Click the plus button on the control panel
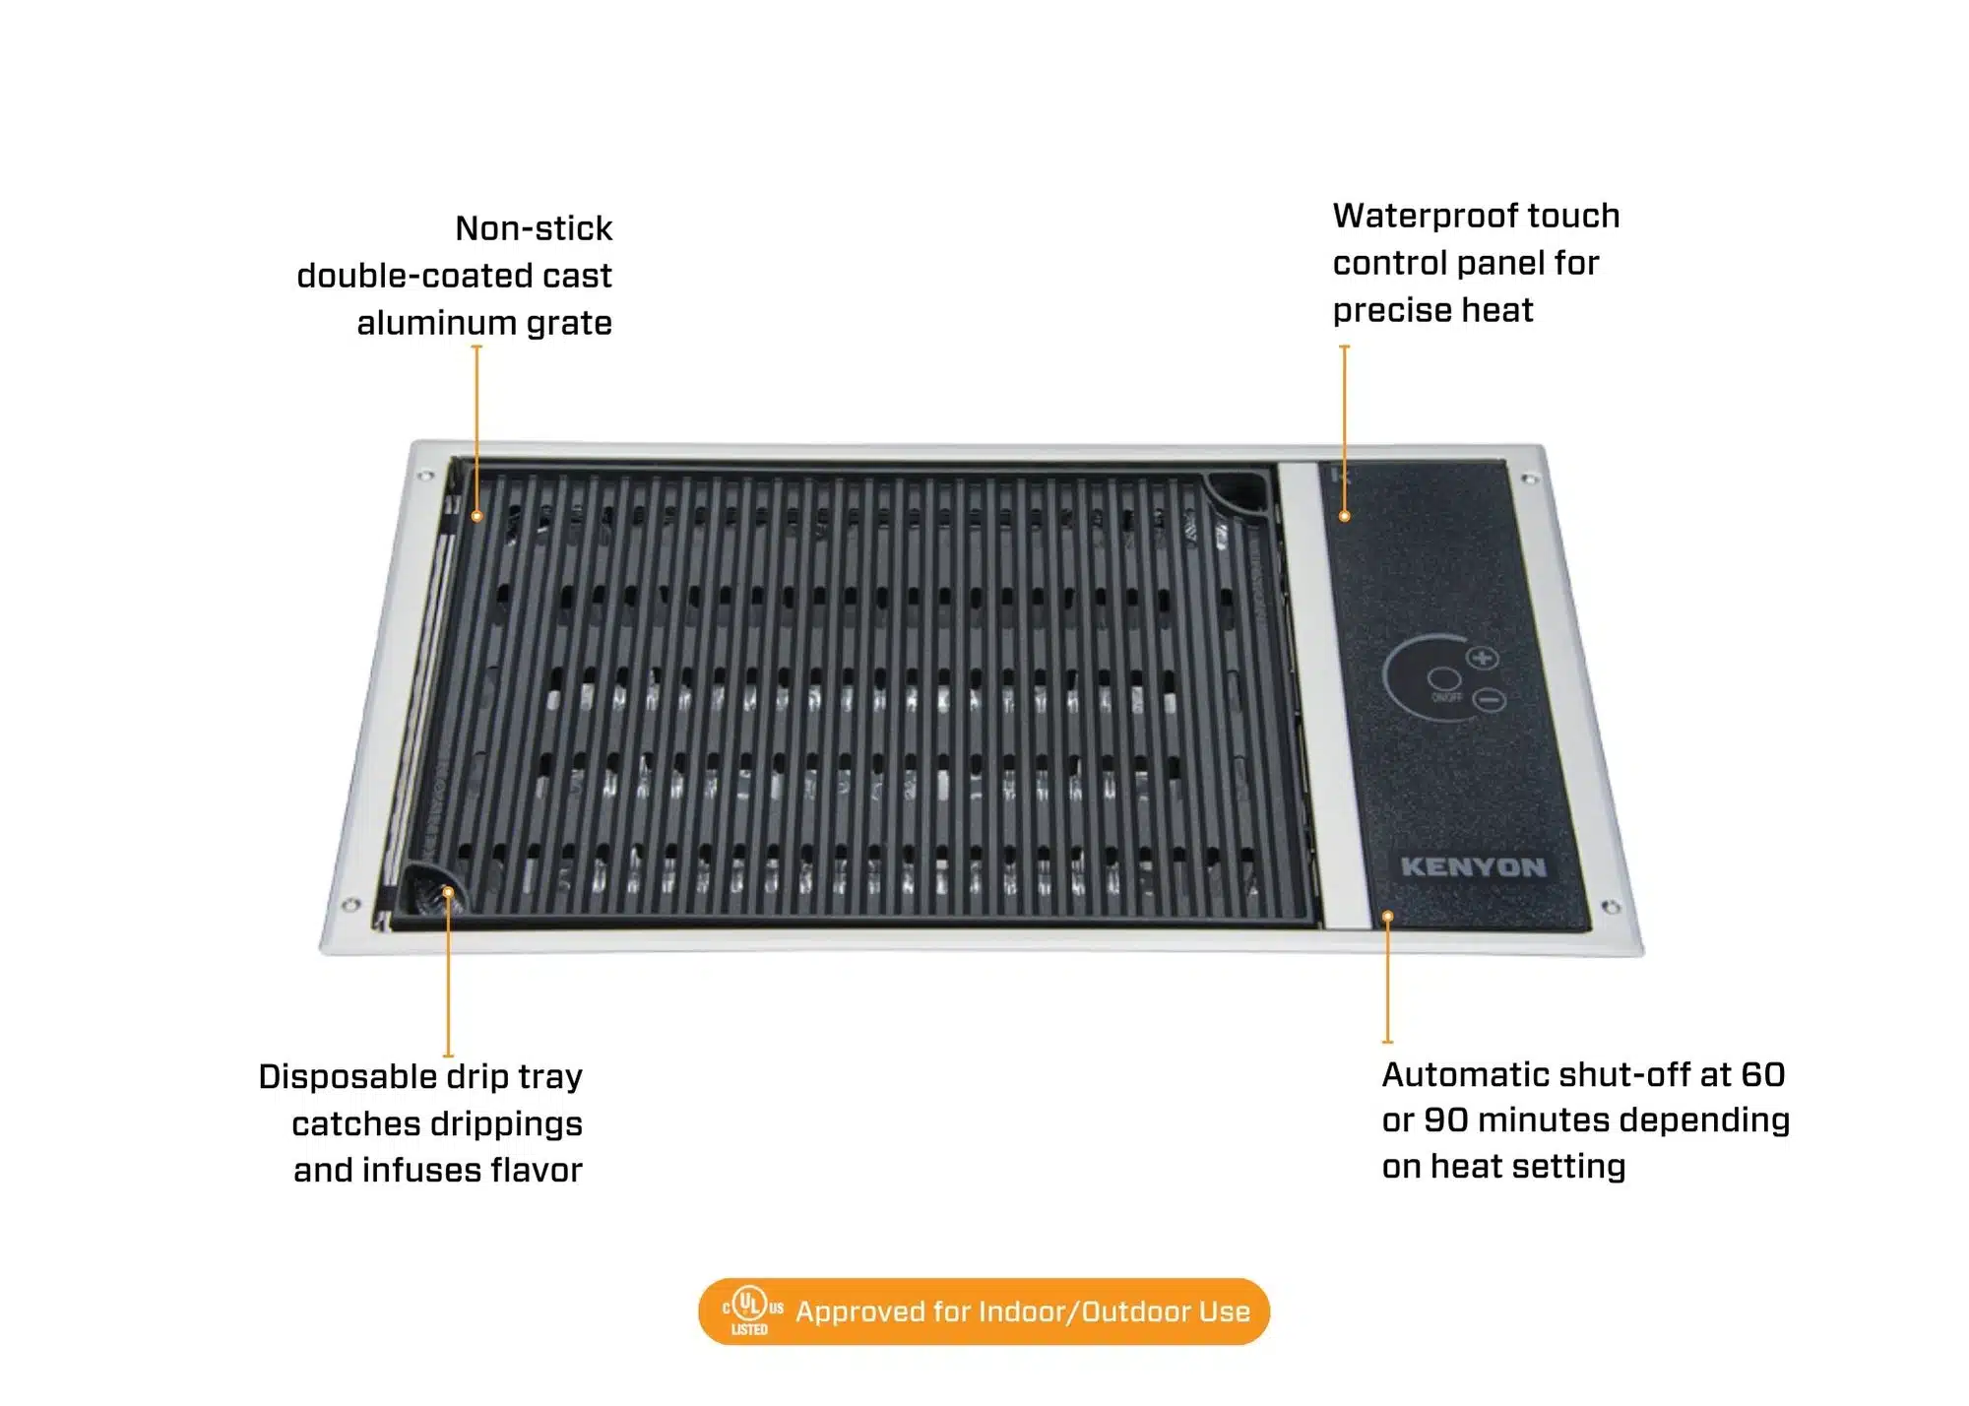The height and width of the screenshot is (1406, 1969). pos(1483,658)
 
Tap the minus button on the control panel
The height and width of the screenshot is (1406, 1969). pos(1492,701)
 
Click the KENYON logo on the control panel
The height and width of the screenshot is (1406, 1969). pos(1473,867)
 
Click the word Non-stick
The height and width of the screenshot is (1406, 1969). pos(534,228)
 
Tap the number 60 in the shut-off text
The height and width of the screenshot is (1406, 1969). pos(1762,1074)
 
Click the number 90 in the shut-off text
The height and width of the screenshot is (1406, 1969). pos(1445,1120)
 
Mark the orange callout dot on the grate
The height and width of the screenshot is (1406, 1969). pos(476,516)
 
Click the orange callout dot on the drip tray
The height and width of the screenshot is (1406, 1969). pos(448,892)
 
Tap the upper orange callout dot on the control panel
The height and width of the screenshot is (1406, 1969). pos(1345,516)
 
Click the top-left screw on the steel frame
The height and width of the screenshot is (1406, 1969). pos(425,477)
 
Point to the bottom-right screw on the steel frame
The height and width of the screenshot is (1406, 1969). pos(1611,907)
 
